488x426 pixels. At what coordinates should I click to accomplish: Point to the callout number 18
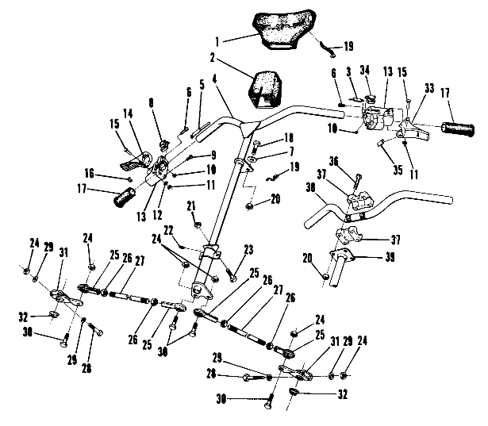coord(267,137)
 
